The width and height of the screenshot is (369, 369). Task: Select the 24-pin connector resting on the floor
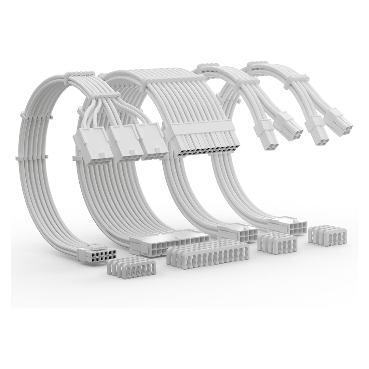(170, 244)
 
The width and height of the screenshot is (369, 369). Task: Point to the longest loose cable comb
(208, 254)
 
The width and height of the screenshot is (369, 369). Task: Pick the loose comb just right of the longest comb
(277, 243)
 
